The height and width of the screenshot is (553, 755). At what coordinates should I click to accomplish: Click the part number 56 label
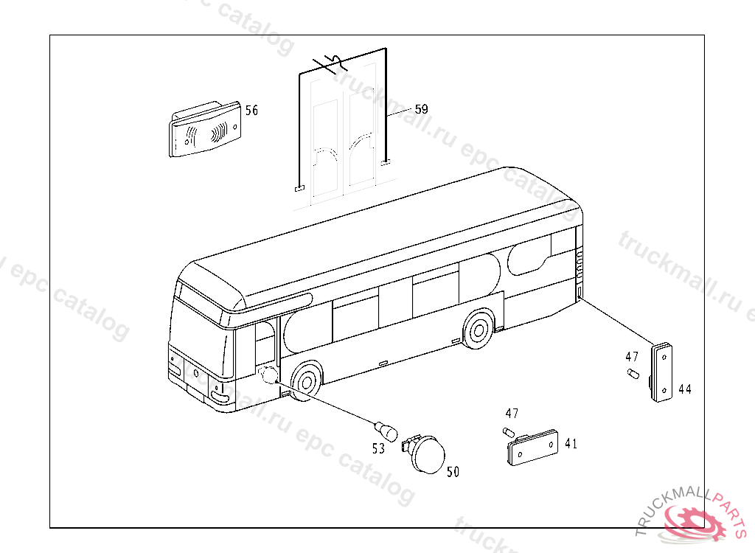pos(252,111)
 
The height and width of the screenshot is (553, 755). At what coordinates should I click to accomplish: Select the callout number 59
pos(421,109)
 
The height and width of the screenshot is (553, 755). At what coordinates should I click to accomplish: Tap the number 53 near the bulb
pos(378,448)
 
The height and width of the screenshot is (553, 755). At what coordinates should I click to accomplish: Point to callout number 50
pos(453,472)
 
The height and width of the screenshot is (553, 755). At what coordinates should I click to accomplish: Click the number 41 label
pos(571,444)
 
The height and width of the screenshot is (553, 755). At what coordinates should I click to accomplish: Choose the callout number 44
pos(685,389)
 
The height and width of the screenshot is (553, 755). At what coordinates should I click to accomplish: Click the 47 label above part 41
pos(512,414)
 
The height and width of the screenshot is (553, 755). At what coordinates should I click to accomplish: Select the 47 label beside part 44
pos(632,357)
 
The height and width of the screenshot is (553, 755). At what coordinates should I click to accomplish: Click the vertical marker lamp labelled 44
pos(662,372)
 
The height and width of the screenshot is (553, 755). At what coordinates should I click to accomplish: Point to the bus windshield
pos(192,327)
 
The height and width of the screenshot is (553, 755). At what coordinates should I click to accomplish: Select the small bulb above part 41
pos(508,431)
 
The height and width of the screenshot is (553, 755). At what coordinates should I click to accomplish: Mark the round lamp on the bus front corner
pos(269,375)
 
